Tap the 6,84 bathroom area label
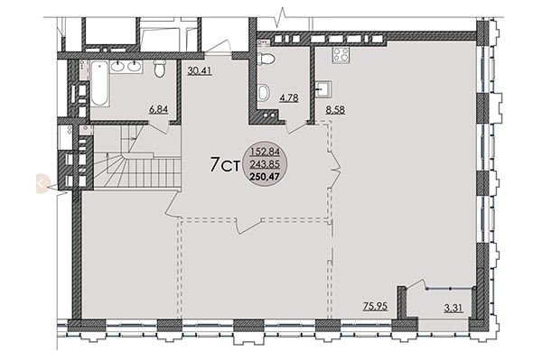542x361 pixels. click(161, 110)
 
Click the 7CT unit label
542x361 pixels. click(223, 164)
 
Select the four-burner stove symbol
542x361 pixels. click(342, 56)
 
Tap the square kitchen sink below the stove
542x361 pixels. click(325, 88)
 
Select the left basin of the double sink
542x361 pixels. click(117, 66)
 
